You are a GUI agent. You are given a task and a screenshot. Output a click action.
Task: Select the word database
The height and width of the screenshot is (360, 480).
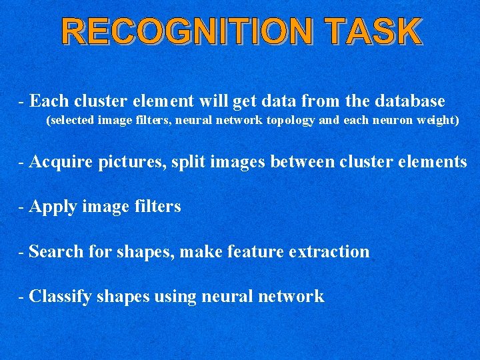[x=405, y=101]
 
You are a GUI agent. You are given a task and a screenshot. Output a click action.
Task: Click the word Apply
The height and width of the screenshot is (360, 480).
[x=54, y=207]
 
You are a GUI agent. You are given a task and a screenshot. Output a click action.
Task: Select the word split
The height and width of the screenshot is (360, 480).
[x=185, y=162]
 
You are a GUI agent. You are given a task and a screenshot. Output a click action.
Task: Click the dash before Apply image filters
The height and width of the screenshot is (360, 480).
[x=23, y=207]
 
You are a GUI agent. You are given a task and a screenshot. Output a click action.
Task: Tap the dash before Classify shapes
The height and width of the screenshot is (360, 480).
[x=23, y=297]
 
